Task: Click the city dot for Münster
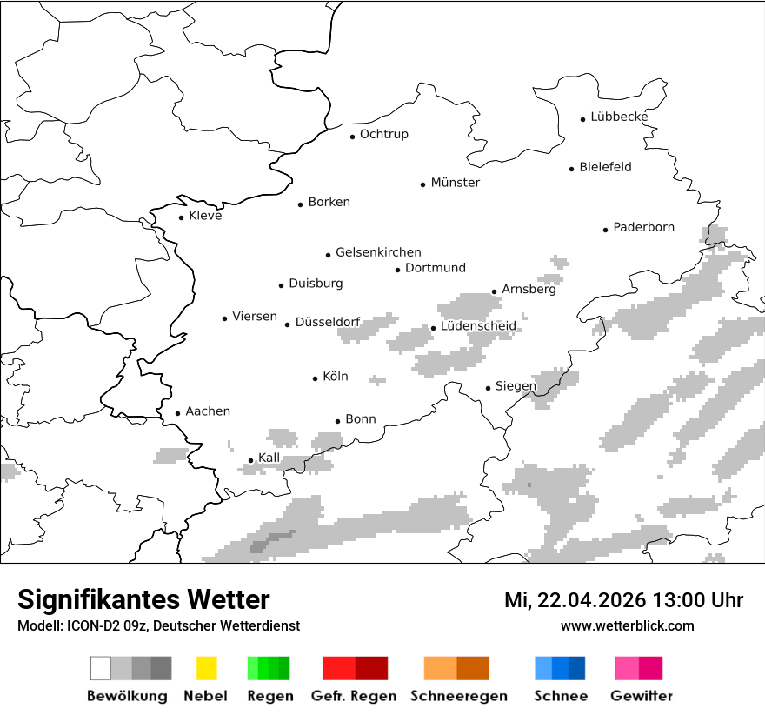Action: tap(423, 184)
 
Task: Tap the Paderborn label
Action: tap(643, 228)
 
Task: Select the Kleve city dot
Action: tap(182, 217)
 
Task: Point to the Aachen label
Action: tap(208, 411)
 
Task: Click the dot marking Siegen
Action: tap(489, 388)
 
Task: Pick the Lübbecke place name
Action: tap(619, 117)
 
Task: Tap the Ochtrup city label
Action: tap(383, 134)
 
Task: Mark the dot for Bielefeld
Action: tap(572, 169)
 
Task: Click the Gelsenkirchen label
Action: tap(378, 252)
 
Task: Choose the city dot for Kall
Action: tap(251, 460)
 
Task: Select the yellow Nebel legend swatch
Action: tap(207, 668)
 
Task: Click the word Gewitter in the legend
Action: tap(642, 696)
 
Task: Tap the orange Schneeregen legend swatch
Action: tap(456, 668)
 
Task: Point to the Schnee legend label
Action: tap(561, 696)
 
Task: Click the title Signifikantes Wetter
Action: tap(143, 599)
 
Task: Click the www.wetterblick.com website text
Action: tap(628, 625)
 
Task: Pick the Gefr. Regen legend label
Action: tap(354, 696)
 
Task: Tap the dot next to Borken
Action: tap(301, 204)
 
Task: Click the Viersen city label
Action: tap(255, 317)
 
